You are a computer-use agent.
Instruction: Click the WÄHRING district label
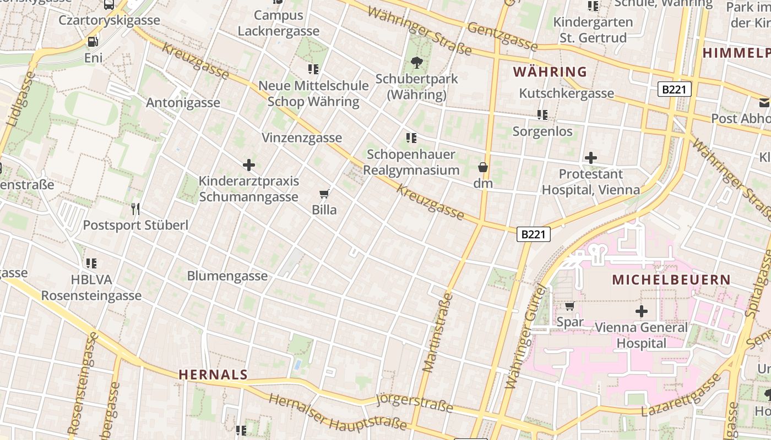(x=550, y=71)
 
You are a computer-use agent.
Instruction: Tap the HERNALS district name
(x=213, y=375)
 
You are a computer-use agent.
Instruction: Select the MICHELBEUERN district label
(x=671, y=279)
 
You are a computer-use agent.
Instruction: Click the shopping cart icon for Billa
(x=324, y=194)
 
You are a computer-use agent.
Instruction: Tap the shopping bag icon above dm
(x=483, y=167)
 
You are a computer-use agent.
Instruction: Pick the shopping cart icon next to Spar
(x=569, y=306)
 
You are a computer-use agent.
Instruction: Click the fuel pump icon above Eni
(x=93, y=41)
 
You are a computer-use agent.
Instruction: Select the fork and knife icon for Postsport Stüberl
(x=135, y=208)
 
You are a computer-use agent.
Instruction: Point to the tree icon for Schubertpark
(x=417, y=63)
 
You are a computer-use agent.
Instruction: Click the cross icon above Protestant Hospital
(x=591, y=158)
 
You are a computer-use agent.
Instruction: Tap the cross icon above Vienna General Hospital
(x=641, y=311)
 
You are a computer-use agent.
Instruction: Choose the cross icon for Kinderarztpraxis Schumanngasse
(x=249, y=164)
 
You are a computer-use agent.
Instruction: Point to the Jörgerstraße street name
(x=414, y=403)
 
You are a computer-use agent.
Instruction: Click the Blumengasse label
(x=227, y=276)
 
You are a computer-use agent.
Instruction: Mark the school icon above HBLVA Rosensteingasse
(x=91, y=263)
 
